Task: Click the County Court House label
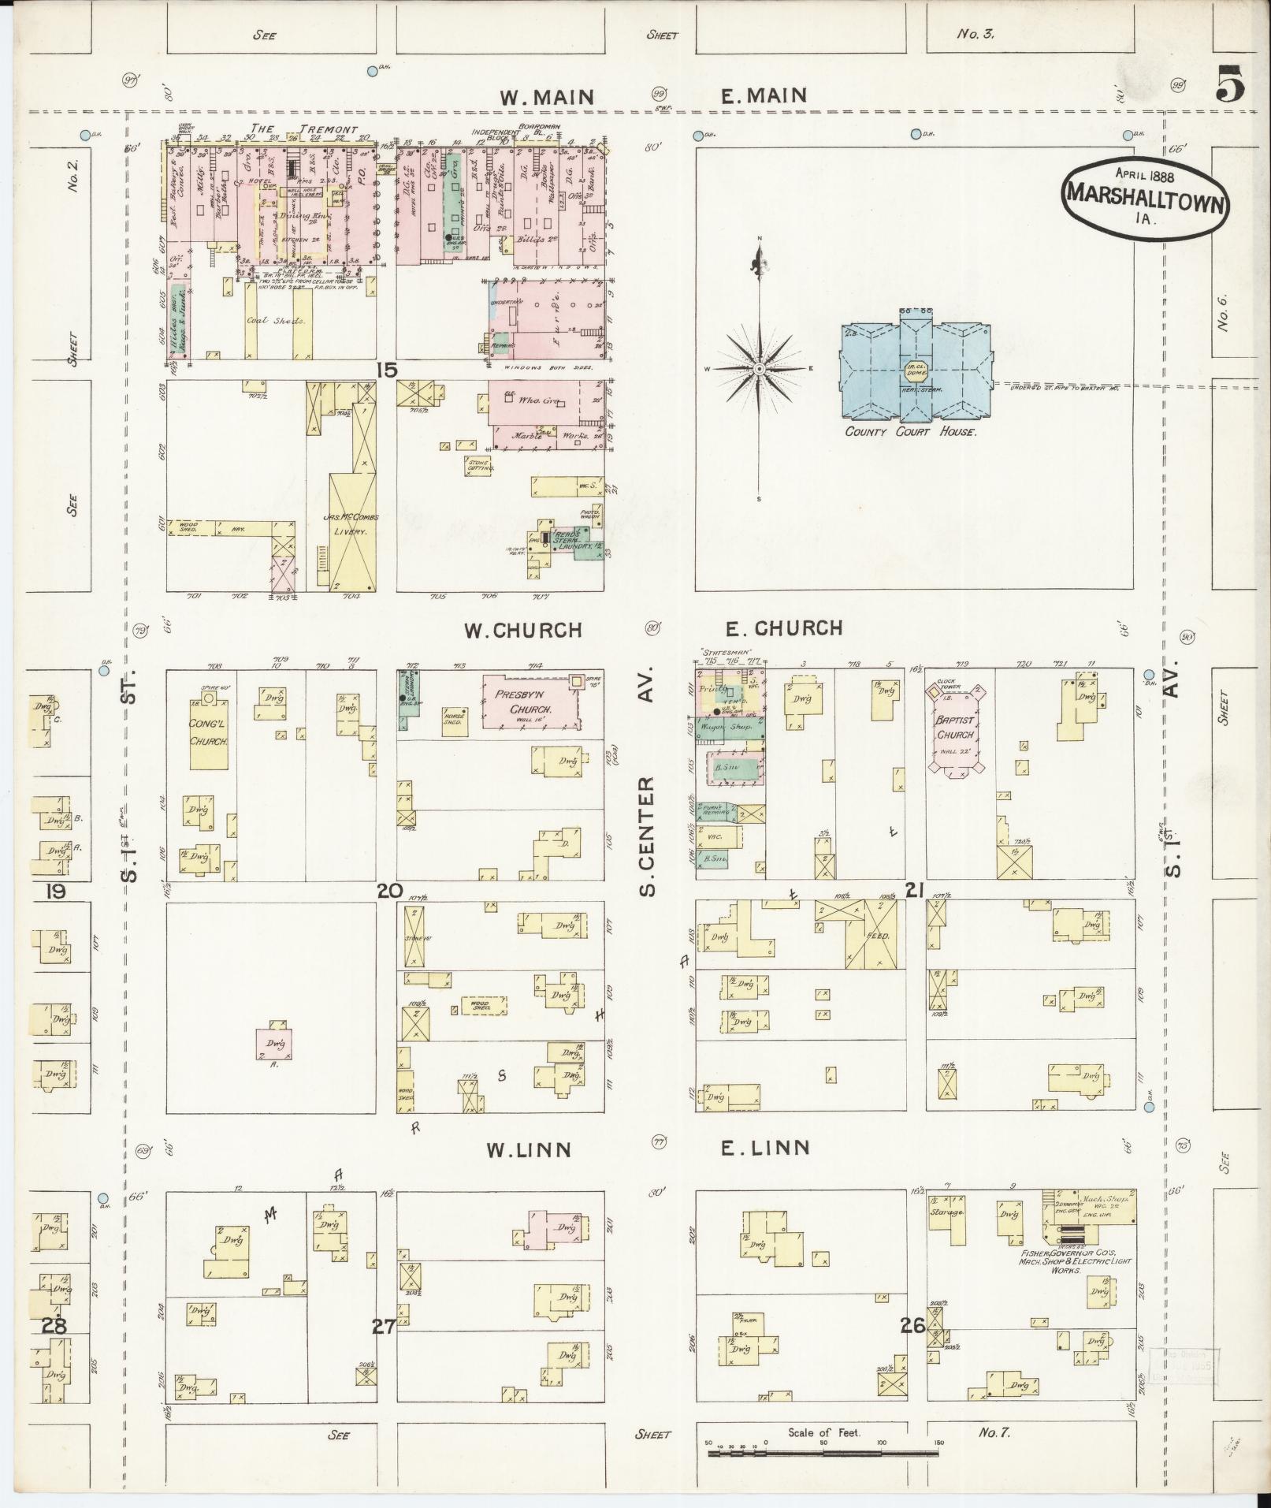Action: (x=910, y=432)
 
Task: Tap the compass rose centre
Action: (x=759, y=369)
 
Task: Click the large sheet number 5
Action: (x=1229, y=84)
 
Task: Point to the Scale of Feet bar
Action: (x=823, y=1452)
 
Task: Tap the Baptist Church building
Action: (x=956, y=734)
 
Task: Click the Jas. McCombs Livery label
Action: (x=351, y=525)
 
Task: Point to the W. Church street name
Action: (x=522, y=631)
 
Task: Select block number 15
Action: (x=386, y=369)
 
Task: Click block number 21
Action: (x=914, y=891)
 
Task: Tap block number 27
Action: (x=384, y=1327)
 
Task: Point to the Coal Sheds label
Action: (x=268, y=321)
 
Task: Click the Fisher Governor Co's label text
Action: (x=1075, y=1261)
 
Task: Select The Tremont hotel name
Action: (x=303, y=129)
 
